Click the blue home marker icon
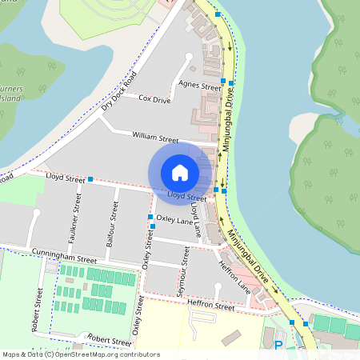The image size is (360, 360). (180, 172)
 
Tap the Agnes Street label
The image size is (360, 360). (199, 86)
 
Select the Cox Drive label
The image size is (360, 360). (154, 99)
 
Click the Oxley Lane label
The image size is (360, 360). (175, 218)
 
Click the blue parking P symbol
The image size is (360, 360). (278, 346)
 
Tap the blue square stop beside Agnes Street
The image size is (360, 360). (230, 83)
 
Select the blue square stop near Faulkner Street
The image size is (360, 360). (90, 179)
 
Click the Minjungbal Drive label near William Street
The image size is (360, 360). (227, 120)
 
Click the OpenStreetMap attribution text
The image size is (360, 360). (81, 354)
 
